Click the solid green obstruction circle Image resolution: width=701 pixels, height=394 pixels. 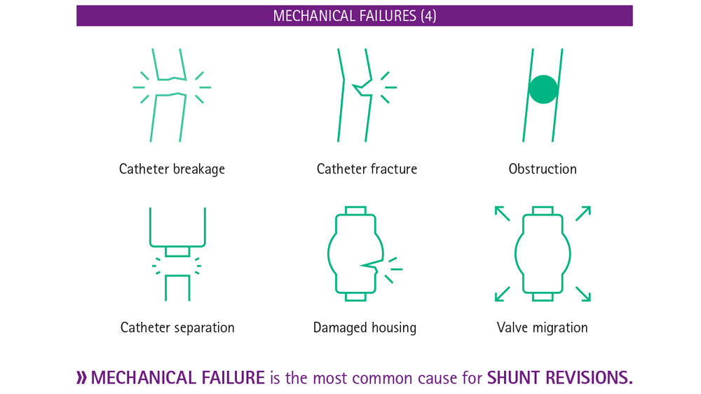[x=543, y=90]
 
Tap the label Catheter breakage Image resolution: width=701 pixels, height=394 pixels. [x=172, y=169]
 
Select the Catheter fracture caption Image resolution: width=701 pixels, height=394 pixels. [x=367, y=169]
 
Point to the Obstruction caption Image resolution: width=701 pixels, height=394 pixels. [x=543, y=169]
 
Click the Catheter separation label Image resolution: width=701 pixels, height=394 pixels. [x=177, y=328]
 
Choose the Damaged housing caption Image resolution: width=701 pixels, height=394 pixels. [x=365, y=328]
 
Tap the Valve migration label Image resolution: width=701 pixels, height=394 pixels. [x=542, y=328]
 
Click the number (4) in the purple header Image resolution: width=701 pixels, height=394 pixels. [x=428, y=16]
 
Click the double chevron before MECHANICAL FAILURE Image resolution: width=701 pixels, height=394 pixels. [x=81, y=377]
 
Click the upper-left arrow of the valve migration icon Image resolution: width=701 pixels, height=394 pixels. [x=502, y=213]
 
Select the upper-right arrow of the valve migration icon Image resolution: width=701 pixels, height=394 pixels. [x=583, y=213]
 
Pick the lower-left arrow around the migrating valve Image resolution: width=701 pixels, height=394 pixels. [x=502, y=294]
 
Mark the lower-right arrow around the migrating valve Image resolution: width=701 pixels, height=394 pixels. [x=583, y=294]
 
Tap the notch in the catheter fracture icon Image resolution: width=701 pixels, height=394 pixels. [x=362, y=87]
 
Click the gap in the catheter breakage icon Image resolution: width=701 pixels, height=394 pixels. [x=170, y=87]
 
